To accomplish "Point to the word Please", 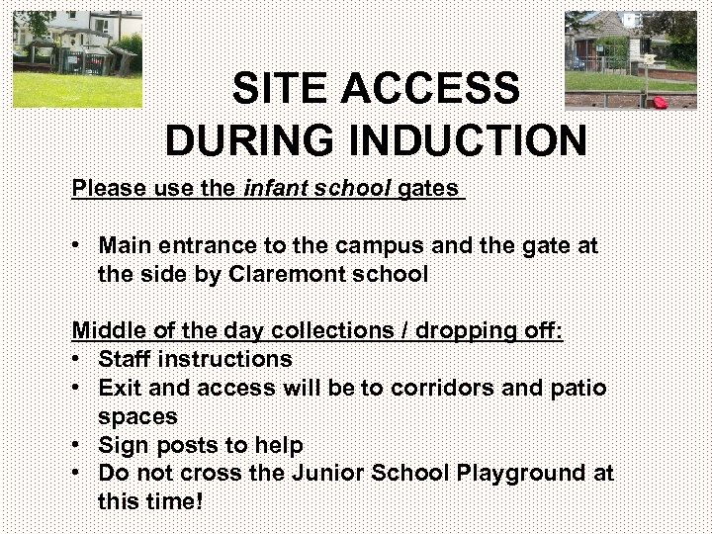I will pyautogui.click(x=106, y=187).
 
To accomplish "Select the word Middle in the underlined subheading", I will pyautogui.click(x=105, y=330).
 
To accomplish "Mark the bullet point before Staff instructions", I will pyautogui.click(x=77, y=359).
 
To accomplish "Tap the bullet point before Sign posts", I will pyautogui.click(x=77, y=445).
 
